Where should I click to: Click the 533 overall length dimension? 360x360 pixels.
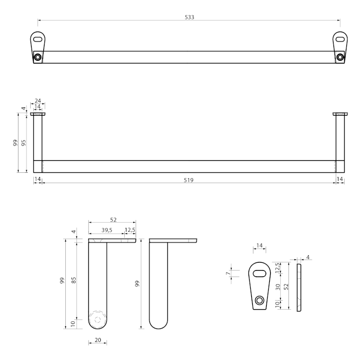189,17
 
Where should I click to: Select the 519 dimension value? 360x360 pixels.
189,180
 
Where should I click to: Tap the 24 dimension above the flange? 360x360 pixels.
38,100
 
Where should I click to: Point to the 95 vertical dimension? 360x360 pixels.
23,143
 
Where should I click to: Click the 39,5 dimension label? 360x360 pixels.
107,230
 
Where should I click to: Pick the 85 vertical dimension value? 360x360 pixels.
73,280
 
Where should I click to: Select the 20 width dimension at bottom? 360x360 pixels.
98,340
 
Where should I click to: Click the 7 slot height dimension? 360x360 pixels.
228,273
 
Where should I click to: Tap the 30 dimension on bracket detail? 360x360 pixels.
278,287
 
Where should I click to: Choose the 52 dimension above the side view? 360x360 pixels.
113,220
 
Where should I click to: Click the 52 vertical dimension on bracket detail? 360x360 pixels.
286,287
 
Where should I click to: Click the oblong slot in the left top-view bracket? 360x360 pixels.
38,39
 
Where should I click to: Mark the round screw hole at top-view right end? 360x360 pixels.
340,57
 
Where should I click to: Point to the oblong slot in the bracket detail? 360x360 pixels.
260,274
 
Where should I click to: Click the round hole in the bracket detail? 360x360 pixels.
260,300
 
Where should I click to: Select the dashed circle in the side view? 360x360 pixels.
98,320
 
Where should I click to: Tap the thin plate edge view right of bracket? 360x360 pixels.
299,288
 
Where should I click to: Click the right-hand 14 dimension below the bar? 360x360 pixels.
340,179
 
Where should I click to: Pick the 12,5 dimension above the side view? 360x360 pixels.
130,230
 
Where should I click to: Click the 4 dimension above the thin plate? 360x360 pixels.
308,257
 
